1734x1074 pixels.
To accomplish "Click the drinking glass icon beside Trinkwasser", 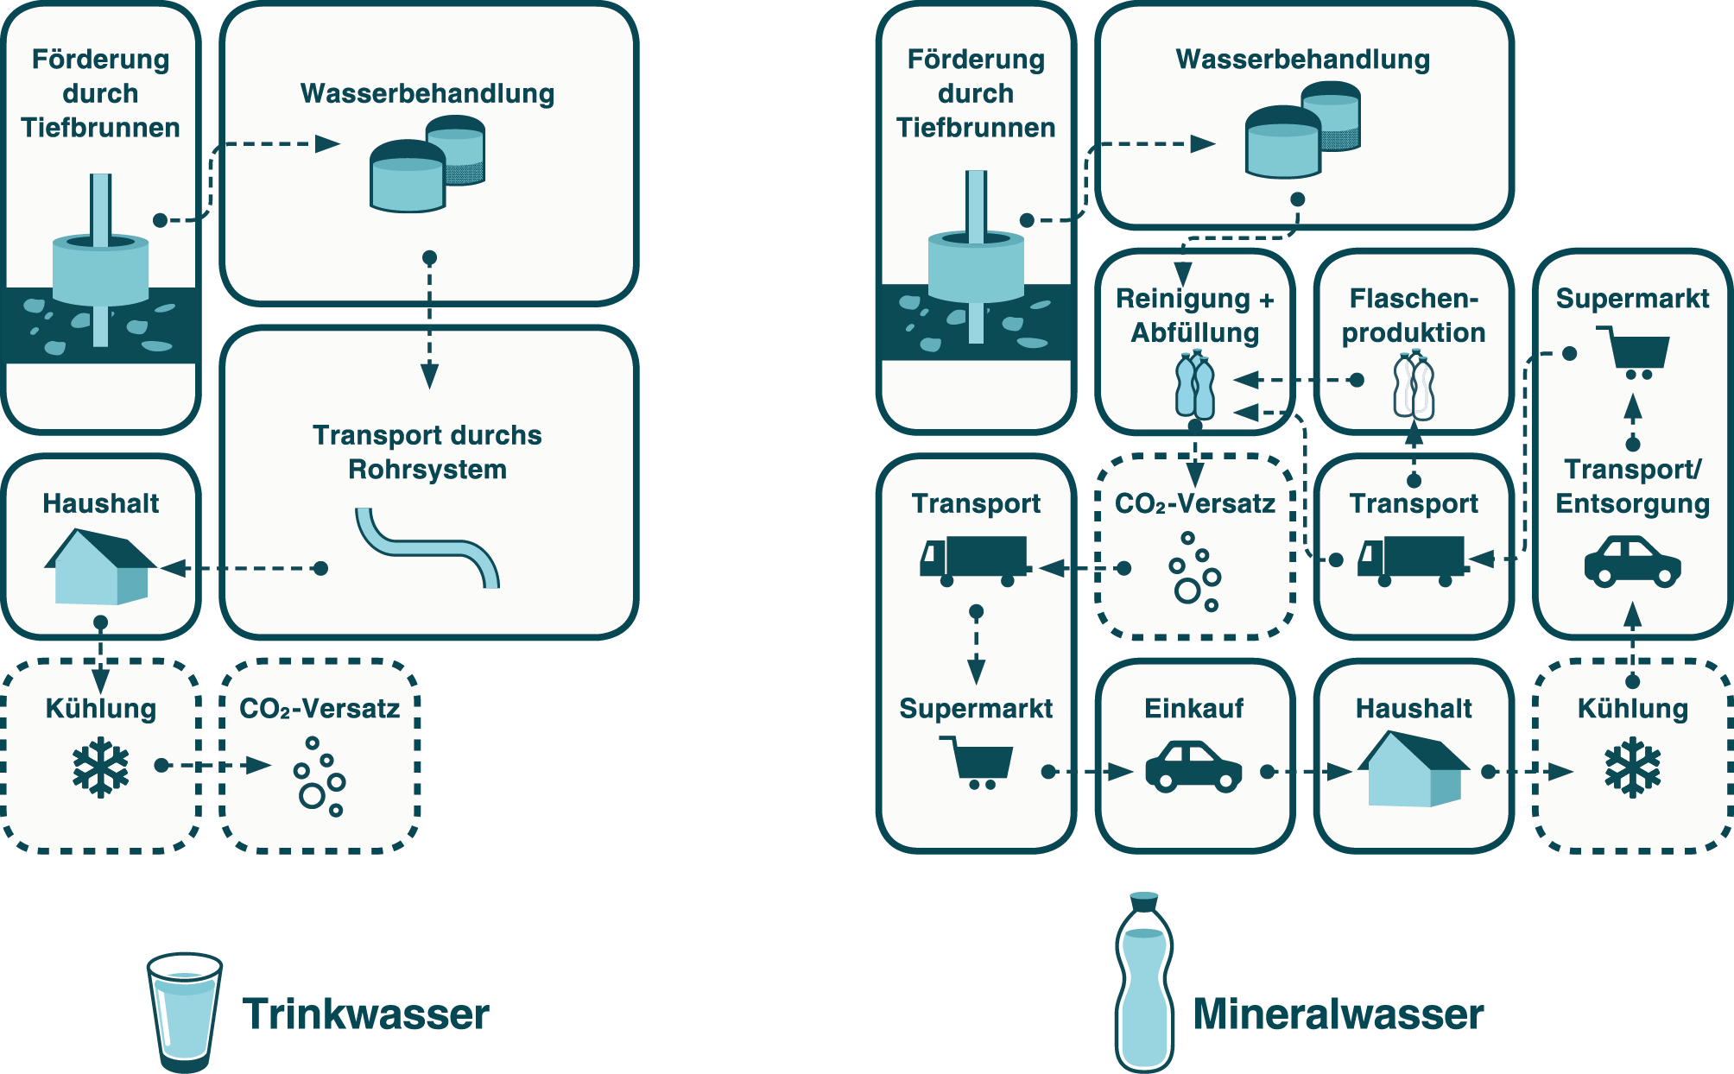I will click(184, 1010).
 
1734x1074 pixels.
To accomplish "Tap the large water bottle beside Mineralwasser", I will click(1144, 984).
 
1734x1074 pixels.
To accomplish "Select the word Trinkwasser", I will click(366, 1014).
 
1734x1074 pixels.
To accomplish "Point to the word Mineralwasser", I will click(1338, 1014).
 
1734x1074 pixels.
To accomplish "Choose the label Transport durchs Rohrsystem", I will click(427, 452).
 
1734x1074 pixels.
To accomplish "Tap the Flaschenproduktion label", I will click(1414, 315).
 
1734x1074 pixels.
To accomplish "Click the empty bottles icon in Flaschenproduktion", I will click(1414, 386).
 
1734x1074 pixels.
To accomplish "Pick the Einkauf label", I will click(1194, 708).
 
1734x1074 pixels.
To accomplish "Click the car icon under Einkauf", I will click(1193, 766).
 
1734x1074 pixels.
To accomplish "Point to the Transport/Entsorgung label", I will click(1632, 486).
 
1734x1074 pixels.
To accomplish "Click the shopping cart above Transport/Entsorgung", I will click(1634, 352).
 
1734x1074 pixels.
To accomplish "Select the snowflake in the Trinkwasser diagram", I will click(101, 766).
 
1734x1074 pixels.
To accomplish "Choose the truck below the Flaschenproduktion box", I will click(1411, 560).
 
